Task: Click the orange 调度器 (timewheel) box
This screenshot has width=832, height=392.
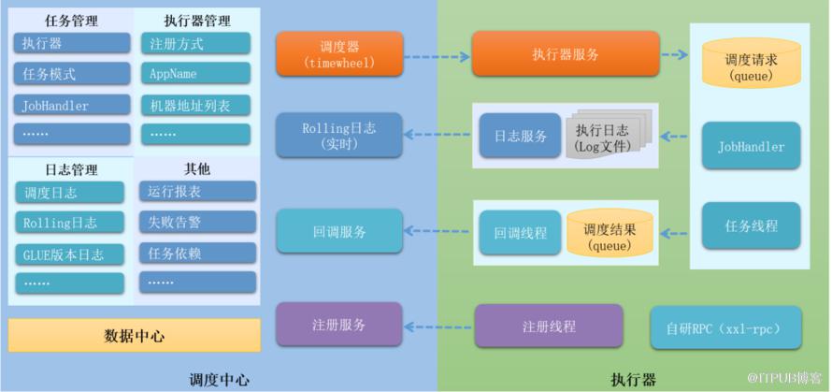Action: pyautogui.click(x=339, y=54)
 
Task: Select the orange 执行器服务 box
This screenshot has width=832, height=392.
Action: pyautogui.click(x=565, y=54)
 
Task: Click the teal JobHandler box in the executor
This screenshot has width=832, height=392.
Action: pyautogui.click(x=751, y=146)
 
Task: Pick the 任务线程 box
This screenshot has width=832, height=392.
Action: pyautogui.click(x=751, y=225)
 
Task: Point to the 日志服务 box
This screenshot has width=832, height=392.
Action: pyautogui.click(x=520, y=136)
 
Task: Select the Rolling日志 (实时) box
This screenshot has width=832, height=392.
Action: pyautogui.click(x=339, y=136)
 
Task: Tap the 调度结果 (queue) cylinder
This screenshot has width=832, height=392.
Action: pyautogui.click(x=608, y=235)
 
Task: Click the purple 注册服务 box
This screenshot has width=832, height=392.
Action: pyautogui.click(x=339, y=326)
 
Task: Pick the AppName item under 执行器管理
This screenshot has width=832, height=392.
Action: pyautogui.click(x=195, y=73)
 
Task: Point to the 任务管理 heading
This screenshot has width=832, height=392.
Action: pyautogui.click(x=71, y=20)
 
